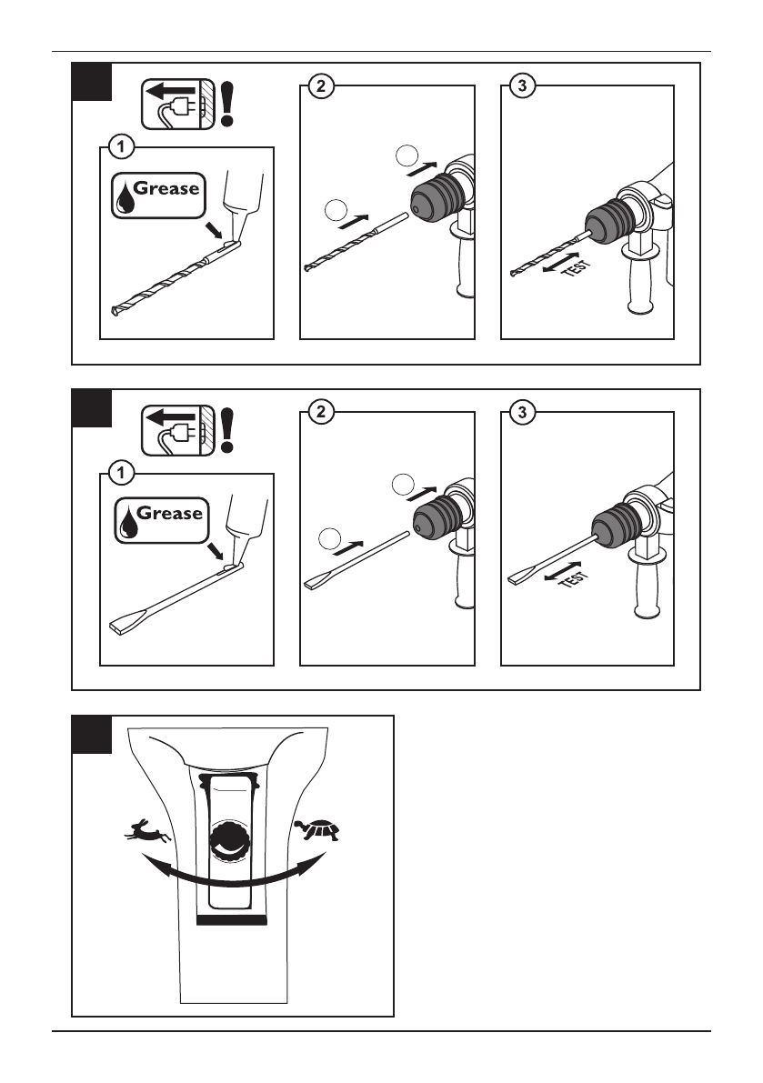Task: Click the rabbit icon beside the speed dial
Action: pos(147,831)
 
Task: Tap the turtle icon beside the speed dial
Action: pos(317,828)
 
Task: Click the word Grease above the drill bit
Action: pos(166,188)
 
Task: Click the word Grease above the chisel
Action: pos(169,513)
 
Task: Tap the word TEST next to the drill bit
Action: pos(576,266)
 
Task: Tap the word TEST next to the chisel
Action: pos(572,578)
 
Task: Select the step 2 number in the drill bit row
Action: pos(320,86)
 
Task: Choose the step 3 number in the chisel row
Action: pos(522,412)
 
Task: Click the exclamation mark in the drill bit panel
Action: pos(226,104)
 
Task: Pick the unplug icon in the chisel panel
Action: pos(178,430)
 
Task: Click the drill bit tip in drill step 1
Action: pos(117,311)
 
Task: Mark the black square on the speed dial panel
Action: pos(91,734)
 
